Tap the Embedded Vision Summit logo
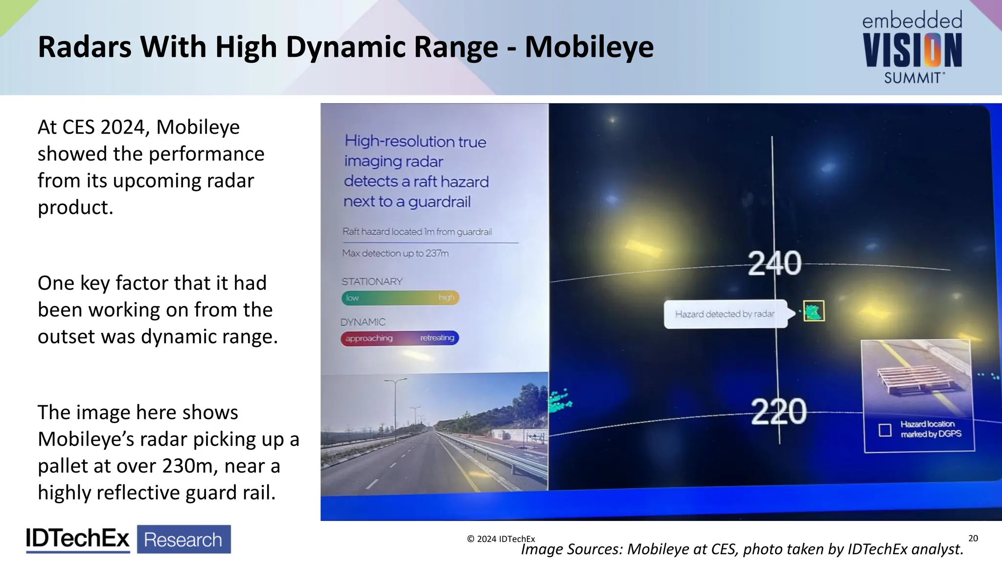point(912,48)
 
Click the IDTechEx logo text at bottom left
point(77,539)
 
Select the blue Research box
point(183,540)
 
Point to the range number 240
point(774,263)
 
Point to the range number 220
point(778,411)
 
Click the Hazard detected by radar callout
point(725,314)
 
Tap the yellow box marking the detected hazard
point(814,311)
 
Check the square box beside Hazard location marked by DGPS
point(885,430)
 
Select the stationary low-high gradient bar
point(400,298)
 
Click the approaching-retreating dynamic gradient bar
point(400,338)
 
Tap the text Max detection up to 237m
point(395,253)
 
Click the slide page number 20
point(973,538)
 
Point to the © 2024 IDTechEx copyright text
point(501,539)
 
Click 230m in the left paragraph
point(190,466)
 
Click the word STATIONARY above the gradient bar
point(372,282)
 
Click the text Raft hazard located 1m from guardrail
point(417,232)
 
